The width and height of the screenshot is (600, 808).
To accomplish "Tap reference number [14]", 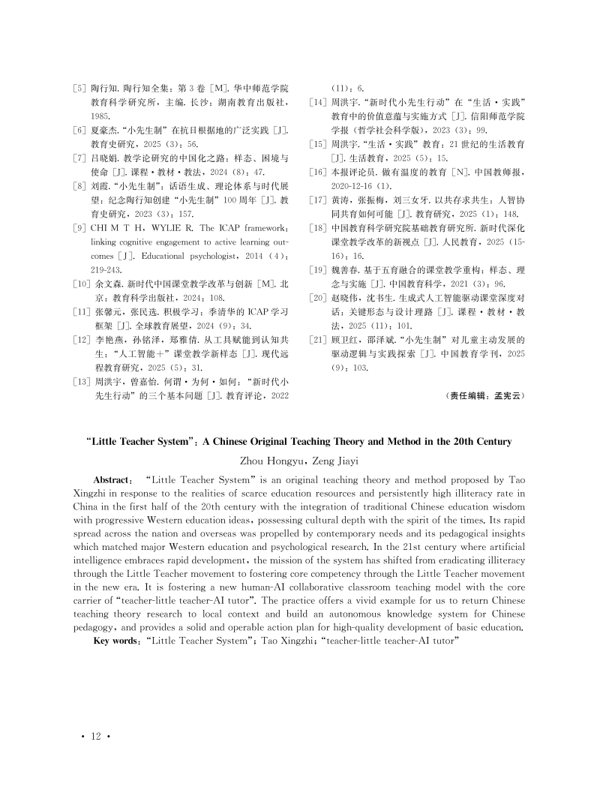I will pyautogui.click(x=318, y=101).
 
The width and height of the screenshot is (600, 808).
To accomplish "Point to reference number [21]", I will pyautogui.click(x=318, y=339).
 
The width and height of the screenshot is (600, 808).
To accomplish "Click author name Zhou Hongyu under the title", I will pyautogui.click(x=265, y=461).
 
